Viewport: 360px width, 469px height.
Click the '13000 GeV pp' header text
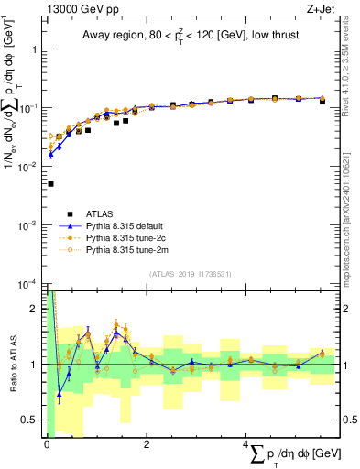tap(78, 8)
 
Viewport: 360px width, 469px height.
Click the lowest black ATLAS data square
tap(50, 184)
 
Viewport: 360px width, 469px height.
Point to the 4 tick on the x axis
tap(245, 444)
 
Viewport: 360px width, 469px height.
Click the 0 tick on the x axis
tap(47, 444)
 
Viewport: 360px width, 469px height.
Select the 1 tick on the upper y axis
tap(35, 49)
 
